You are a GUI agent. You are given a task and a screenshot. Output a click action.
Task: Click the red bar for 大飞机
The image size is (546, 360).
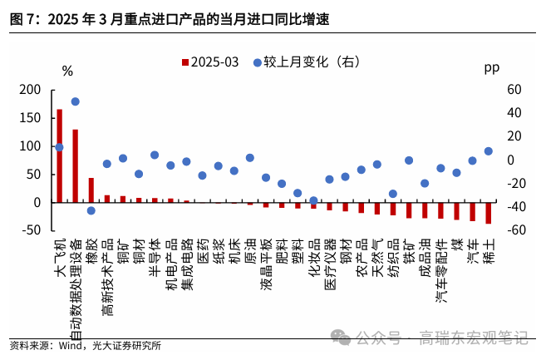[59, 155]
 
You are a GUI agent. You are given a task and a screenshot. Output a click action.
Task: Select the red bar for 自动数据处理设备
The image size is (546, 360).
[75, 165]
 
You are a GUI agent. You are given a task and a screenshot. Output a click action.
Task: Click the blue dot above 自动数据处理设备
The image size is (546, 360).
[75, 101]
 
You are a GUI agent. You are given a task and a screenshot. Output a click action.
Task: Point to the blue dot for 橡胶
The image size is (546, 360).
[91, 210]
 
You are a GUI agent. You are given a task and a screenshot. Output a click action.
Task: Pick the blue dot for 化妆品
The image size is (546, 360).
[313, 200]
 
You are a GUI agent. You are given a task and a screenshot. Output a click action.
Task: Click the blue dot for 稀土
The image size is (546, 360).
[489, 151]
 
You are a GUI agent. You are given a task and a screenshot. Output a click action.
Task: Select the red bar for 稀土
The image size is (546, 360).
[489, 213]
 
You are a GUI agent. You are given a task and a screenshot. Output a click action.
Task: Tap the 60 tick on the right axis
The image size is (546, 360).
[512, 90]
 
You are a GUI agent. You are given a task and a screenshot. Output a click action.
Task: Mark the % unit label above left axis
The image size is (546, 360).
[67, 72]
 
